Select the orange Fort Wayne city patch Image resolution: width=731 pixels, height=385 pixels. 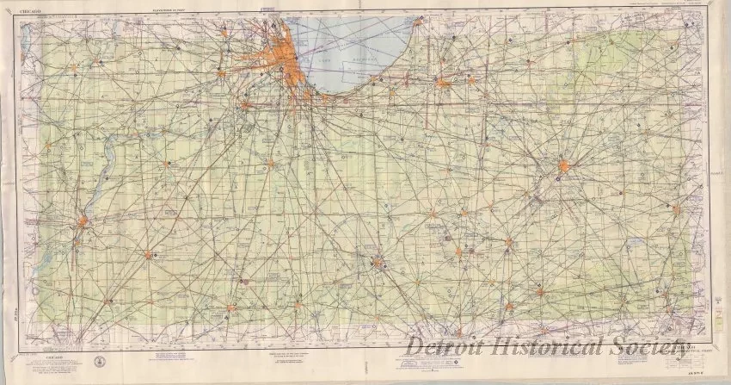tap(563, 165)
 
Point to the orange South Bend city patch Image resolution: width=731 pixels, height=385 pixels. tap(444, 84)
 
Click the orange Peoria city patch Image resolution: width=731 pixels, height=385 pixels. tap(83, 221)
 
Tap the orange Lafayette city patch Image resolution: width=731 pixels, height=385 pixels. tap(378, 263)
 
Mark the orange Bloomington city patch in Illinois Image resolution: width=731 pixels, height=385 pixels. tap(148, 255)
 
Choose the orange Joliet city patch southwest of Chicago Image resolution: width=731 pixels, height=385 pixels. tap(246, 105)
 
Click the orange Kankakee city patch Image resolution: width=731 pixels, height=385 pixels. tap(269, 162)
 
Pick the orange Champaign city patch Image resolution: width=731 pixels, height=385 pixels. tap(230, 307)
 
